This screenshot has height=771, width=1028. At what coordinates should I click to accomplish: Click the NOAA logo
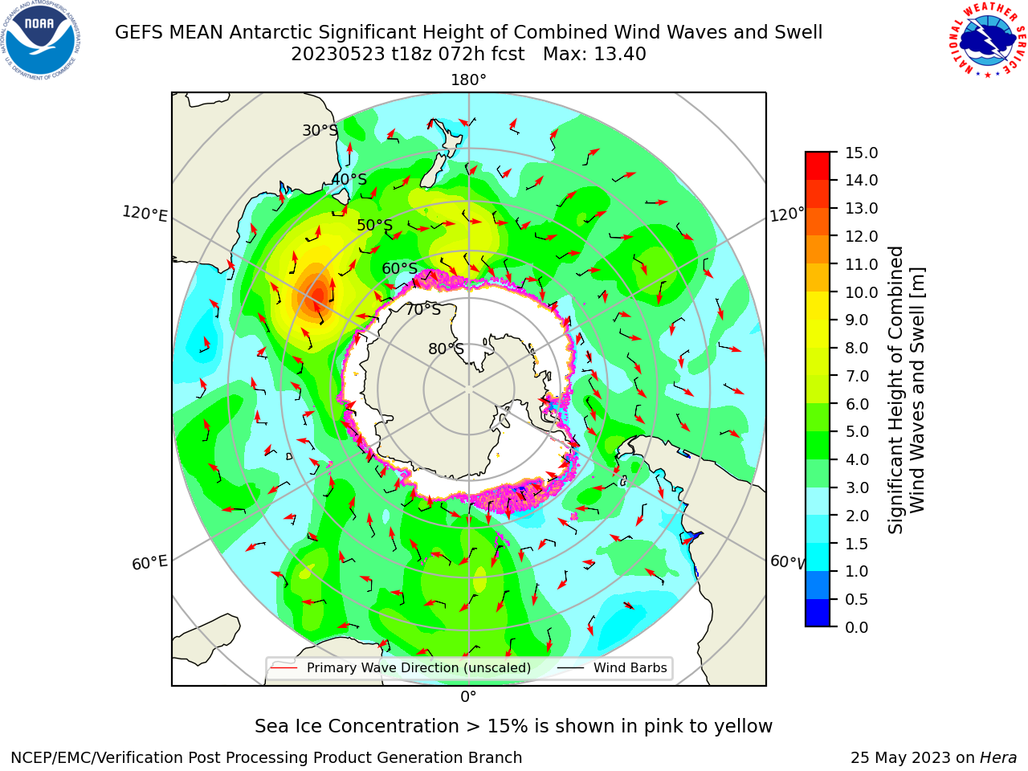[41, 40]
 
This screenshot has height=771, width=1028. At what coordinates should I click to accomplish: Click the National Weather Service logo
[987, 40]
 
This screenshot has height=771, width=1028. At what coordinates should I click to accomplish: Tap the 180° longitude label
[468, 80]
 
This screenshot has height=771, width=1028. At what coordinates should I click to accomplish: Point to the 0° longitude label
[468, 697]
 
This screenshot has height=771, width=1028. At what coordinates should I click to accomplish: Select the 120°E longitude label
[145, 214]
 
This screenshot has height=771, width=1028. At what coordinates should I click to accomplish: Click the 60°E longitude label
[149, 563]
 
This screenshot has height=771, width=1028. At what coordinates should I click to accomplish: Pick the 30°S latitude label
[320, 130]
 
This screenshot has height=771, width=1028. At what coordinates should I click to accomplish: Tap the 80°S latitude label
[446, 349]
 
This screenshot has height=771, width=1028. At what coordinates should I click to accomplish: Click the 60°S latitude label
[399, 268]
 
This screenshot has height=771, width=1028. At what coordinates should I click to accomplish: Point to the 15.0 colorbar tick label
[861, 153]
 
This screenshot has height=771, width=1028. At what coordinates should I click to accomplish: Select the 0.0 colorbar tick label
[857, 627]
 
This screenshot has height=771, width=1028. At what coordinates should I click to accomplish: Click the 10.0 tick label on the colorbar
[861, 292]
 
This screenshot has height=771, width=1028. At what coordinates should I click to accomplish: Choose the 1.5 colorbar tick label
[857, 544]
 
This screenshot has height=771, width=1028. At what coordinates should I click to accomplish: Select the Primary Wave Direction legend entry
[401, 667]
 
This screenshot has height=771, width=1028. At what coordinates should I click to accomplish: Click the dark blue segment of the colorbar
[818, 613]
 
